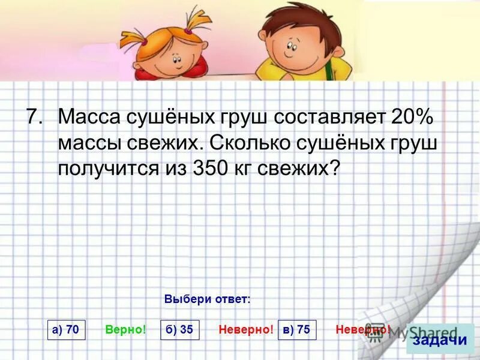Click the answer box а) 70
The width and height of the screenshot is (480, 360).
tap(67, 330)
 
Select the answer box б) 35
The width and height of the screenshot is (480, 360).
tap(180, 330)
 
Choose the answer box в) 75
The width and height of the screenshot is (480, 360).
tap(298, 330)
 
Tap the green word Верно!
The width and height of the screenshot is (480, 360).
tap(126, 329)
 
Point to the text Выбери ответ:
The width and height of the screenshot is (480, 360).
tap(207, 299)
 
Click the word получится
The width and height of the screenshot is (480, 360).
tap(106, 169)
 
